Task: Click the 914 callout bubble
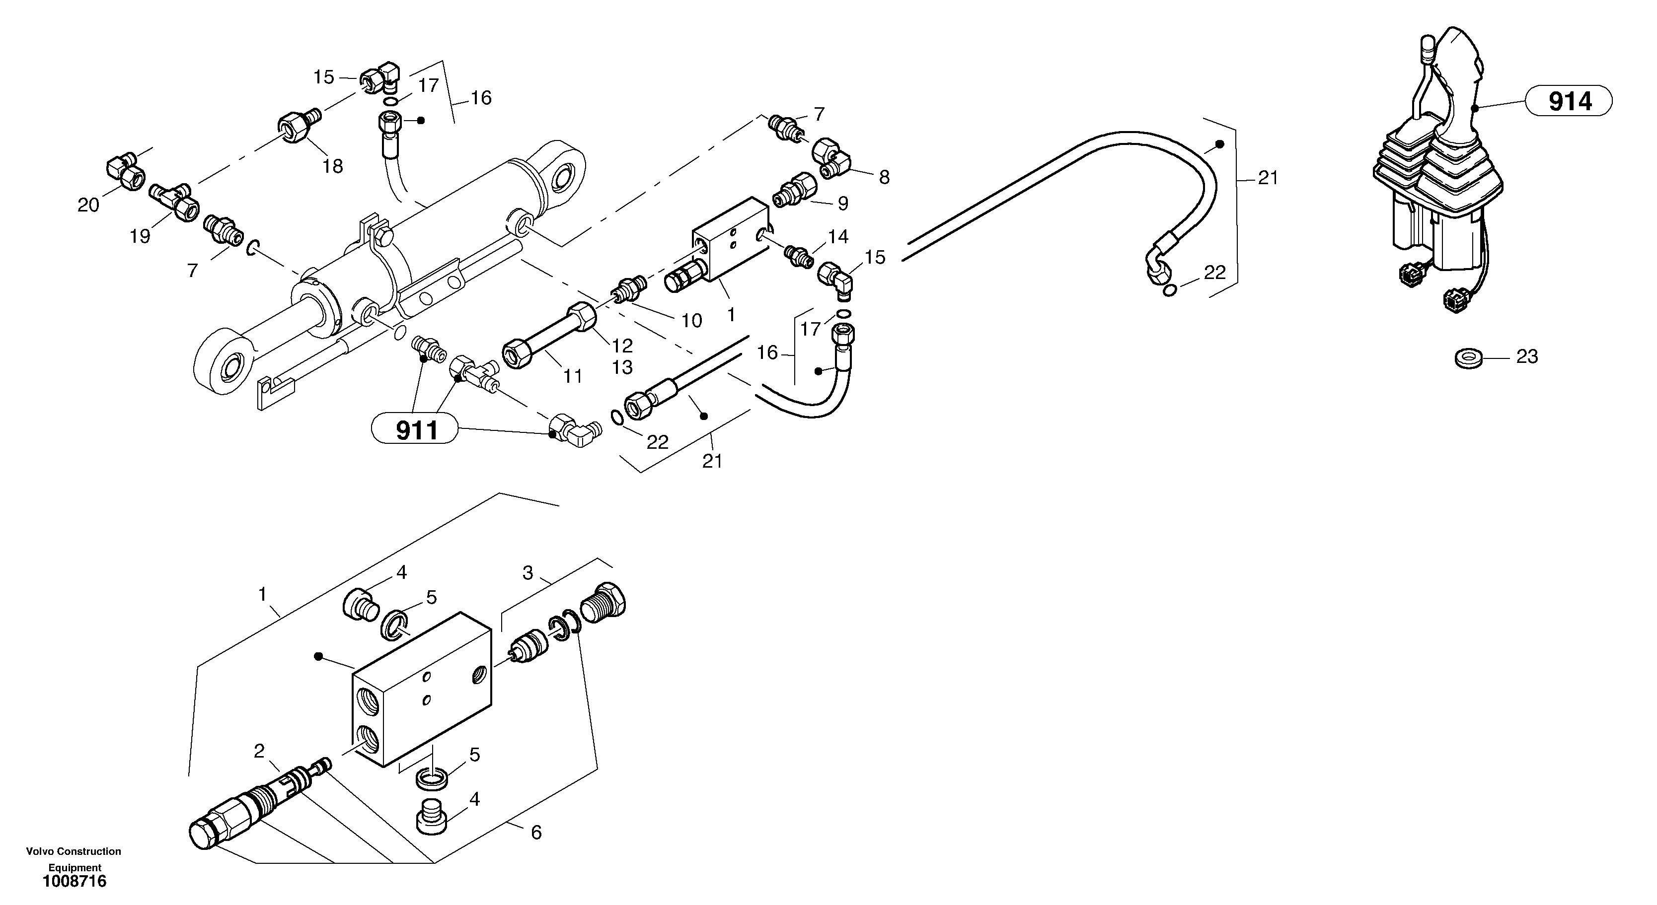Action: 1570,102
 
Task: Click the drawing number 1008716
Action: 75,881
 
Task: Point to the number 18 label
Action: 333,166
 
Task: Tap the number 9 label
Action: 842,203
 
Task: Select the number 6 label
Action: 536,833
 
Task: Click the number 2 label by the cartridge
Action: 259,751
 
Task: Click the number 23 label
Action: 1527,357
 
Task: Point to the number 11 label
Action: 573,376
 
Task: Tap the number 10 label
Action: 691,320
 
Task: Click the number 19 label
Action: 140,236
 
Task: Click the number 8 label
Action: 885,177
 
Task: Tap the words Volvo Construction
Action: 74,851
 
